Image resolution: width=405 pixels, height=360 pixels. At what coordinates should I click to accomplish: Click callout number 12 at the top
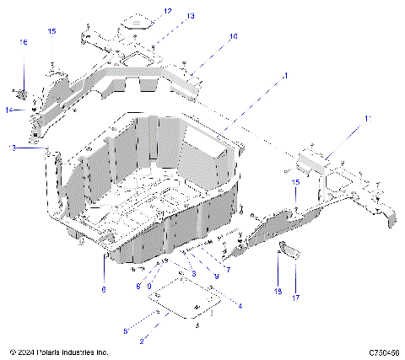pyautogui.click(x=167, y=11)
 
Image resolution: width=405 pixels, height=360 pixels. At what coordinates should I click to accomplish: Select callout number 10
pyautogui.click(x=234, y=37)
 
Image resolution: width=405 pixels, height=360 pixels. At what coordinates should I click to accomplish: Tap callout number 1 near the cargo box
pyautogui.click(x=285, y=76)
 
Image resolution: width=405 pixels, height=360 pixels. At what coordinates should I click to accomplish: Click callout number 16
pyautogui.click(x=24, y=41)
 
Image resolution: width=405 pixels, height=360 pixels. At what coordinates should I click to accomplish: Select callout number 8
pyautogui.click(x=139, y=287)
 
